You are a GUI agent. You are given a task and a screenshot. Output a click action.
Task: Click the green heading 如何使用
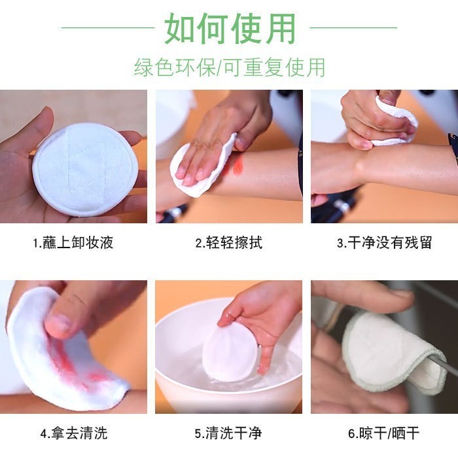230,28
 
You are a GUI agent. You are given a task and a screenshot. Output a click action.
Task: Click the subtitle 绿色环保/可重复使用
230,67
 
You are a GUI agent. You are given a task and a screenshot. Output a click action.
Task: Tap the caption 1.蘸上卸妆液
73,243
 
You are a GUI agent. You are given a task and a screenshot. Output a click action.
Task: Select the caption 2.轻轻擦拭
229,243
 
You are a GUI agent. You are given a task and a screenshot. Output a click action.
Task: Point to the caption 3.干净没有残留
384,243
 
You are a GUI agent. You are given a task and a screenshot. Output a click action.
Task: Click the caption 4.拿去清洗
73,433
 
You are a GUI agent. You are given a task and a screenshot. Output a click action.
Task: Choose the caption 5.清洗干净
229,433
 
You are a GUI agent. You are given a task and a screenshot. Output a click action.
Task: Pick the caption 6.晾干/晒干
384,433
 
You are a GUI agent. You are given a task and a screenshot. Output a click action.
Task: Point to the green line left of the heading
108,28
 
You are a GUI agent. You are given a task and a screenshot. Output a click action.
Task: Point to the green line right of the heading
353,28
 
